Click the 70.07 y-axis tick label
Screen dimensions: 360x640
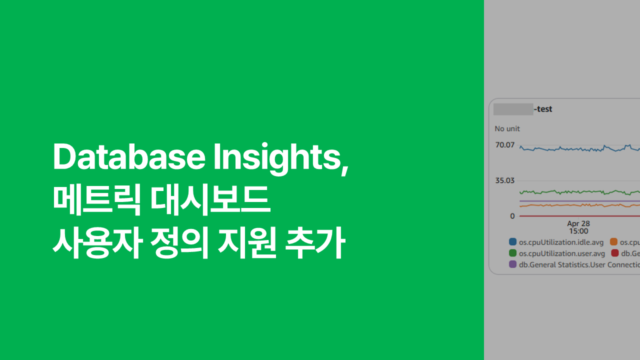click(505, 145)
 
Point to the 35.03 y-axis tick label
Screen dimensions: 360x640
click(505, 180)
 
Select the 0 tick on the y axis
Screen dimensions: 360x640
click(512, 216)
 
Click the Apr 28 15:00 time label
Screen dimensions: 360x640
click(578, 227)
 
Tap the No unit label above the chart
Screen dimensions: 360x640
click(507, 128)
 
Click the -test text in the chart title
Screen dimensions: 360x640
click(543, 109)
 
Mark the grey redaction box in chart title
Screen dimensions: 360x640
click(513, 109)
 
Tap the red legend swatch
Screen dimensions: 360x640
click(615, 253)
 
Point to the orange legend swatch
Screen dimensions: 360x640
click(614, 242)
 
